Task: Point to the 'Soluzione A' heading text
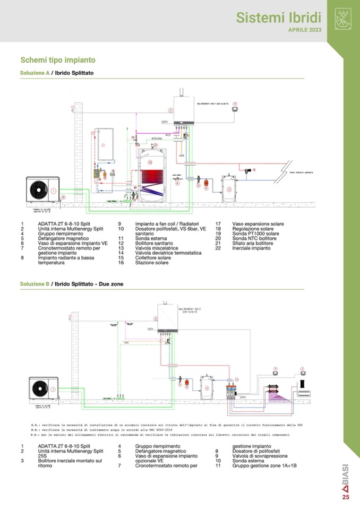coord(35,72)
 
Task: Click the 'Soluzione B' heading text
coord(35,284)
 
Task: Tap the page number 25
coord(346,497)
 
